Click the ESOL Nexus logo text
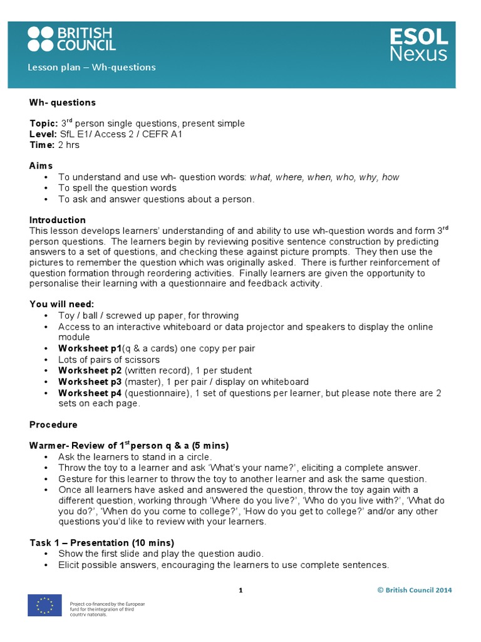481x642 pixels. click(418, 45)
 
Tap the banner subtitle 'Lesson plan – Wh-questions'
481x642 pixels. click(92, 67)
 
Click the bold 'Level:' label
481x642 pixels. click(43, 134)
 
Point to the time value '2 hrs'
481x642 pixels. click(69, 145)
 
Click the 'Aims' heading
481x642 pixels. click(41, 166)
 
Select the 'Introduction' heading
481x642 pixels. click(58, 220)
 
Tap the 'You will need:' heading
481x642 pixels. click(61, 304)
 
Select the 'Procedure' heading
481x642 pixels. click(53, 424)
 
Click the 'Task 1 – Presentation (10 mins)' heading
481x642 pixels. click(101, 542)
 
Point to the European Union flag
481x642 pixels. click(44, 605)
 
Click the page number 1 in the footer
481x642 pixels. click(240, 590)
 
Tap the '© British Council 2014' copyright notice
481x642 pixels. click(414, 590)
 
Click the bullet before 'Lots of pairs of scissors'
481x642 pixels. click(47, 360)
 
